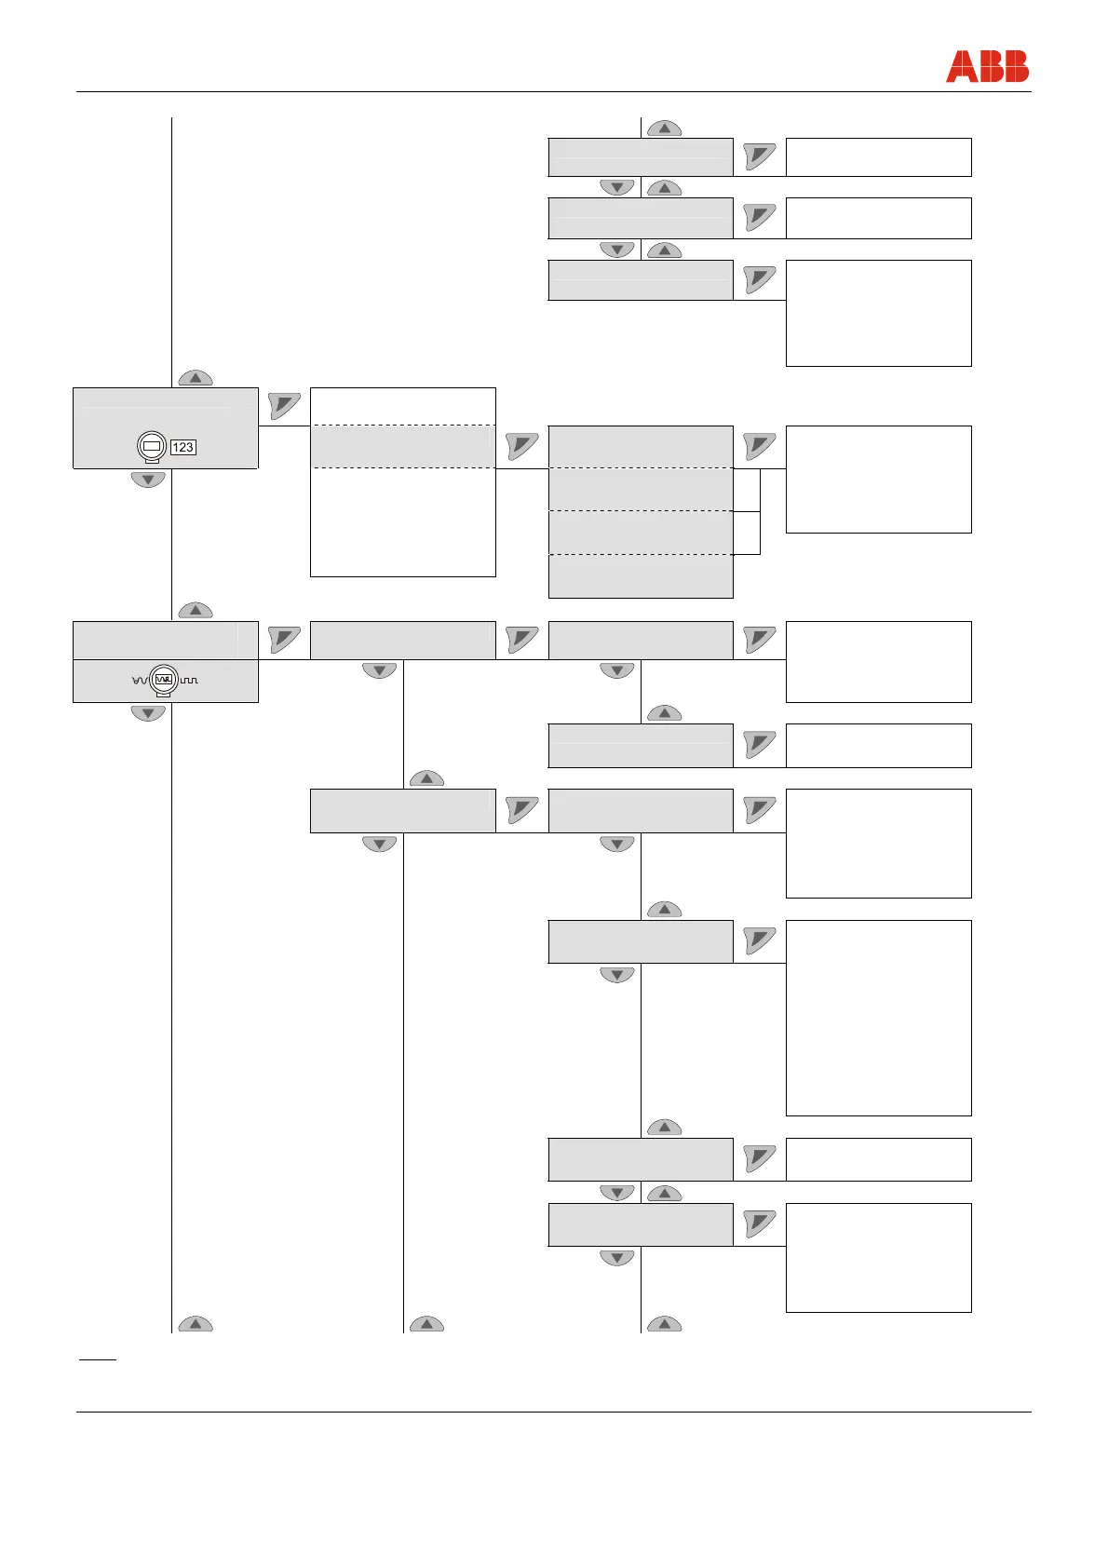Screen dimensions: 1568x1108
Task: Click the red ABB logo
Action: tap(987, 67)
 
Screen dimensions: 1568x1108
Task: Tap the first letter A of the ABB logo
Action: tap(959, 67)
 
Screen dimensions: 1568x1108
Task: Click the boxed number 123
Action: tap(182, 447)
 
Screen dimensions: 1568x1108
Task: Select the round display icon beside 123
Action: tap(153, 447)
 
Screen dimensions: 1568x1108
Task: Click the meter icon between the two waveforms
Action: tap(165, 680)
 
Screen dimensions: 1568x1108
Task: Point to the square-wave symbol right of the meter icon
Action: tap(189, 681)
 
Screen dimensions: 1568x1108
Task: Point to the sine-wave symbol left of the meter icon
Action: tap(141, 681)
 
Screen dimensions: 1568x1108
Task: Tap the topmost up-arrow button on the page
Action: tap(664, 128)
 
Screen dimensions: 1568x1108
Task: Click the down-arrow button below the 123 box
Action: tap(148, 480)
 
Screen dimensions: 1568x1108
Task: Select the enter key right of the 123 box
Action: tap(284, 406)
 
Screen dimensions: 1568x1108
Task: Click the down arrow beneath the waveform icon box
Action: tap(148, 713)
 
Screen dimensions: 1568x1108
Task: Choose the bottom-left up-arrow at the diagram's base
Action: tap(196, 1324)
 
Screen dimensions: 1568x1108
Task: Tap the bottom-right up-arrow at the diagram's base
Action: tap(664, 1324)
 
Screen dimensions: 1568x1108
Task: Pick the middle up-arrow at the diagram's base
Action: tap(426, 1324)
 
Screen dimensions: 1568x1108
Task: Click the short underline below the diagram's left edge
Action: tap(97, 1359)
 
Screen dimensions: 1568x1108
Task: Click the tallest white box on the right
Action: tap(878, 1018)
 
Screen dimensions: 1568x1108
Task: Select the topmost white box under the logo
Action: tap(878, 156)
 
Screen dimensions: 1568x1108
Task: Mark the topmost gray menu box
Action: tap(641, 156)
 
